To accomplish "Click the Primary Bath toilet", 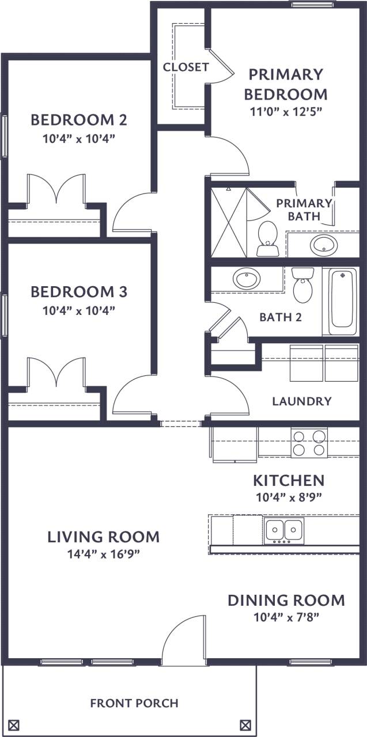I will coord(267,238).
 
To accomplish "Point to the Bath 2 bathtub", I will coord(342,301).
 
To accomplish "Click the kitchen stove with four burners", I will coord(309,443).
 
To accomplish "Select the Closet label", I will coord(186,67).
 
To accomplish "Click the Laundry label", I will coord(301,401).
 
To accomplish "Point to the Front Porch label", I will coord(134,703).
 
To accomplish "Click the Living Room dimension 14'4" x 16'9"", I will coord(103,554).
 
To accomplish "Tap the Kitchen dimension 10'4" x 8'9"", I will coord(289,497).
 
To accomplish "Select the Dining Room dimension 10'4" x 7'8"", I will coord(286,617).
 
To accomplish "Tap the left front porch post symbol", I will coord(15,724).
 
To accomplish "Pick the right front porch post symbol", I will coord(245,724).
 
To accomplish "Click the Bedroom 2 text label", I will coord(79,120).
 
